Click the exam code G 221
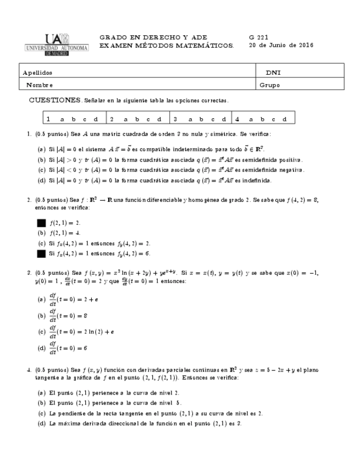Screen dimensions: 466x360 pos(259,37)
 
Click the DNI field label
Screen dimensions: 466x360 pos(273,73)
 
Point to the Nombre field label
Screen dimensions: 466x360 pos(39,85)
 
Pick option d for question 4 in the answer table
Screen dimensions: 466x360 pos(285,119)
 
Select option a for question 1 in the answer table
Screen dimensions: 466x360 pos(62,119)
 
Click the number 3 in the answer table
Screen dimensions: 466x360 pos(175,119)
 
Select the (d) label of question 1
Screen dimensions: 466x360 pos(41,180)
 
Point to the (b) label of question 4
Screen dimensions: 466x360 pos(41,403)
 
